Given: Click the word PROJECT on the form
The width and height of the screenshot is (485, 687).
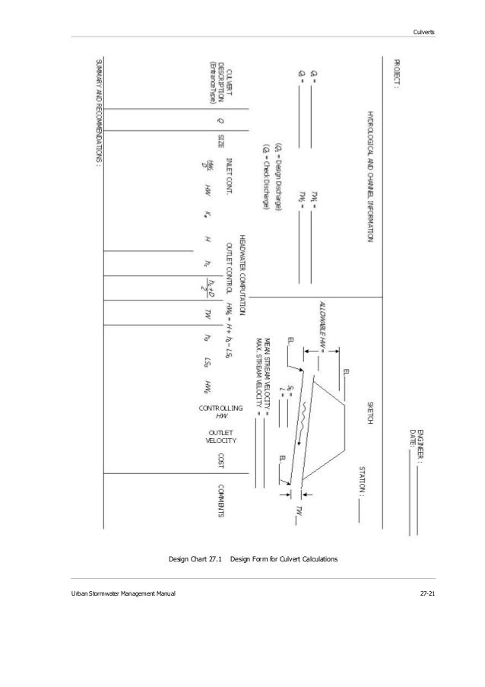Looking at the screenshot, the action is click(395, 74).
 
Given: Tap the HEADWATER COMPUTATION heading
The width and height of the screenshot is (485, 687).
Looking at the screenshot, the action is click(242, 275).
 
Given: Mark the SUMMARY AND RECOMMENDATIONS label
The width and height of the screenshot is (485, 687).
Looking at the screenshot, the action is click(97, 112).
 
